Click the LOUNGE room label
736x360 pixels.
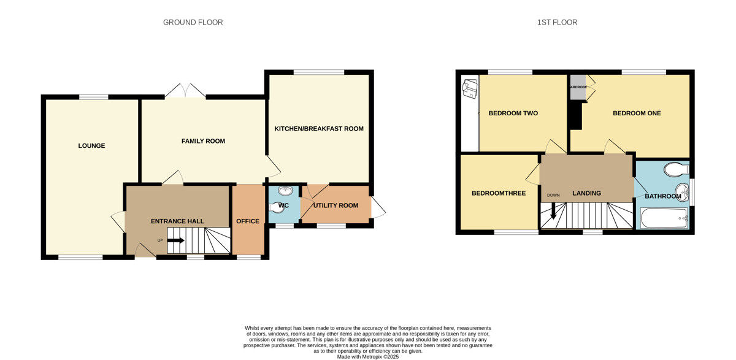click(x=91, y=146)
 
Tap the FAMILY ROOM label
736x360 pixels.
click(x=203, y=141)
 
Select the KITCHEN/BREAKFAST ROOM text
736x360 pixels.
click(x=318, y=129)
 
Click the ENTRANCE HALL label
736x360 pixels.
click(x=177, y=221)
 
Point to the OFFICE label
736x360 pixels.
click(x=248, y=221)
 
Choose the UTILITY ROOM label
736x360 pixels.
click(x=335, y=205)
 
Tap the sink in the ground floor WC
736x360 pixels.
click(x=284, y=191)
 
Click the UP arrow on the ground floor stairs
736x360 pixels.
click(x=175, y=240)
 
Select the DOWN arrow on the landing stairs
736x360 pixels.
click(x=553, y=210)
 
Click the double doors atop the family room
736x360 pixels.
click(x=185, y=91)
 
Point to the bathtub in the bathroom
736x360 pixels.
click(x=664, y=217)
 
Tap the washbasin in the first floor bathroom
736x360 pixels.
click(x=681, y=190)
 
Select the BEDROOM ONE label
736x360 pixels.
click(x=637, y=113)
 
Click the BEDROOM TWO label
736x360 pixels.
click(x=513, y=113)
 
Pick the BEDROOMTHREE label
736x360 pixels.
click(x=498, y=193)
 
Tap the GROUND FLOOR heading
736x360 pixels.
click(x=193, y=23)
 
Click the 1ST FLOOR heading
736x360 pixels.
click(x=556, y=23)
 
